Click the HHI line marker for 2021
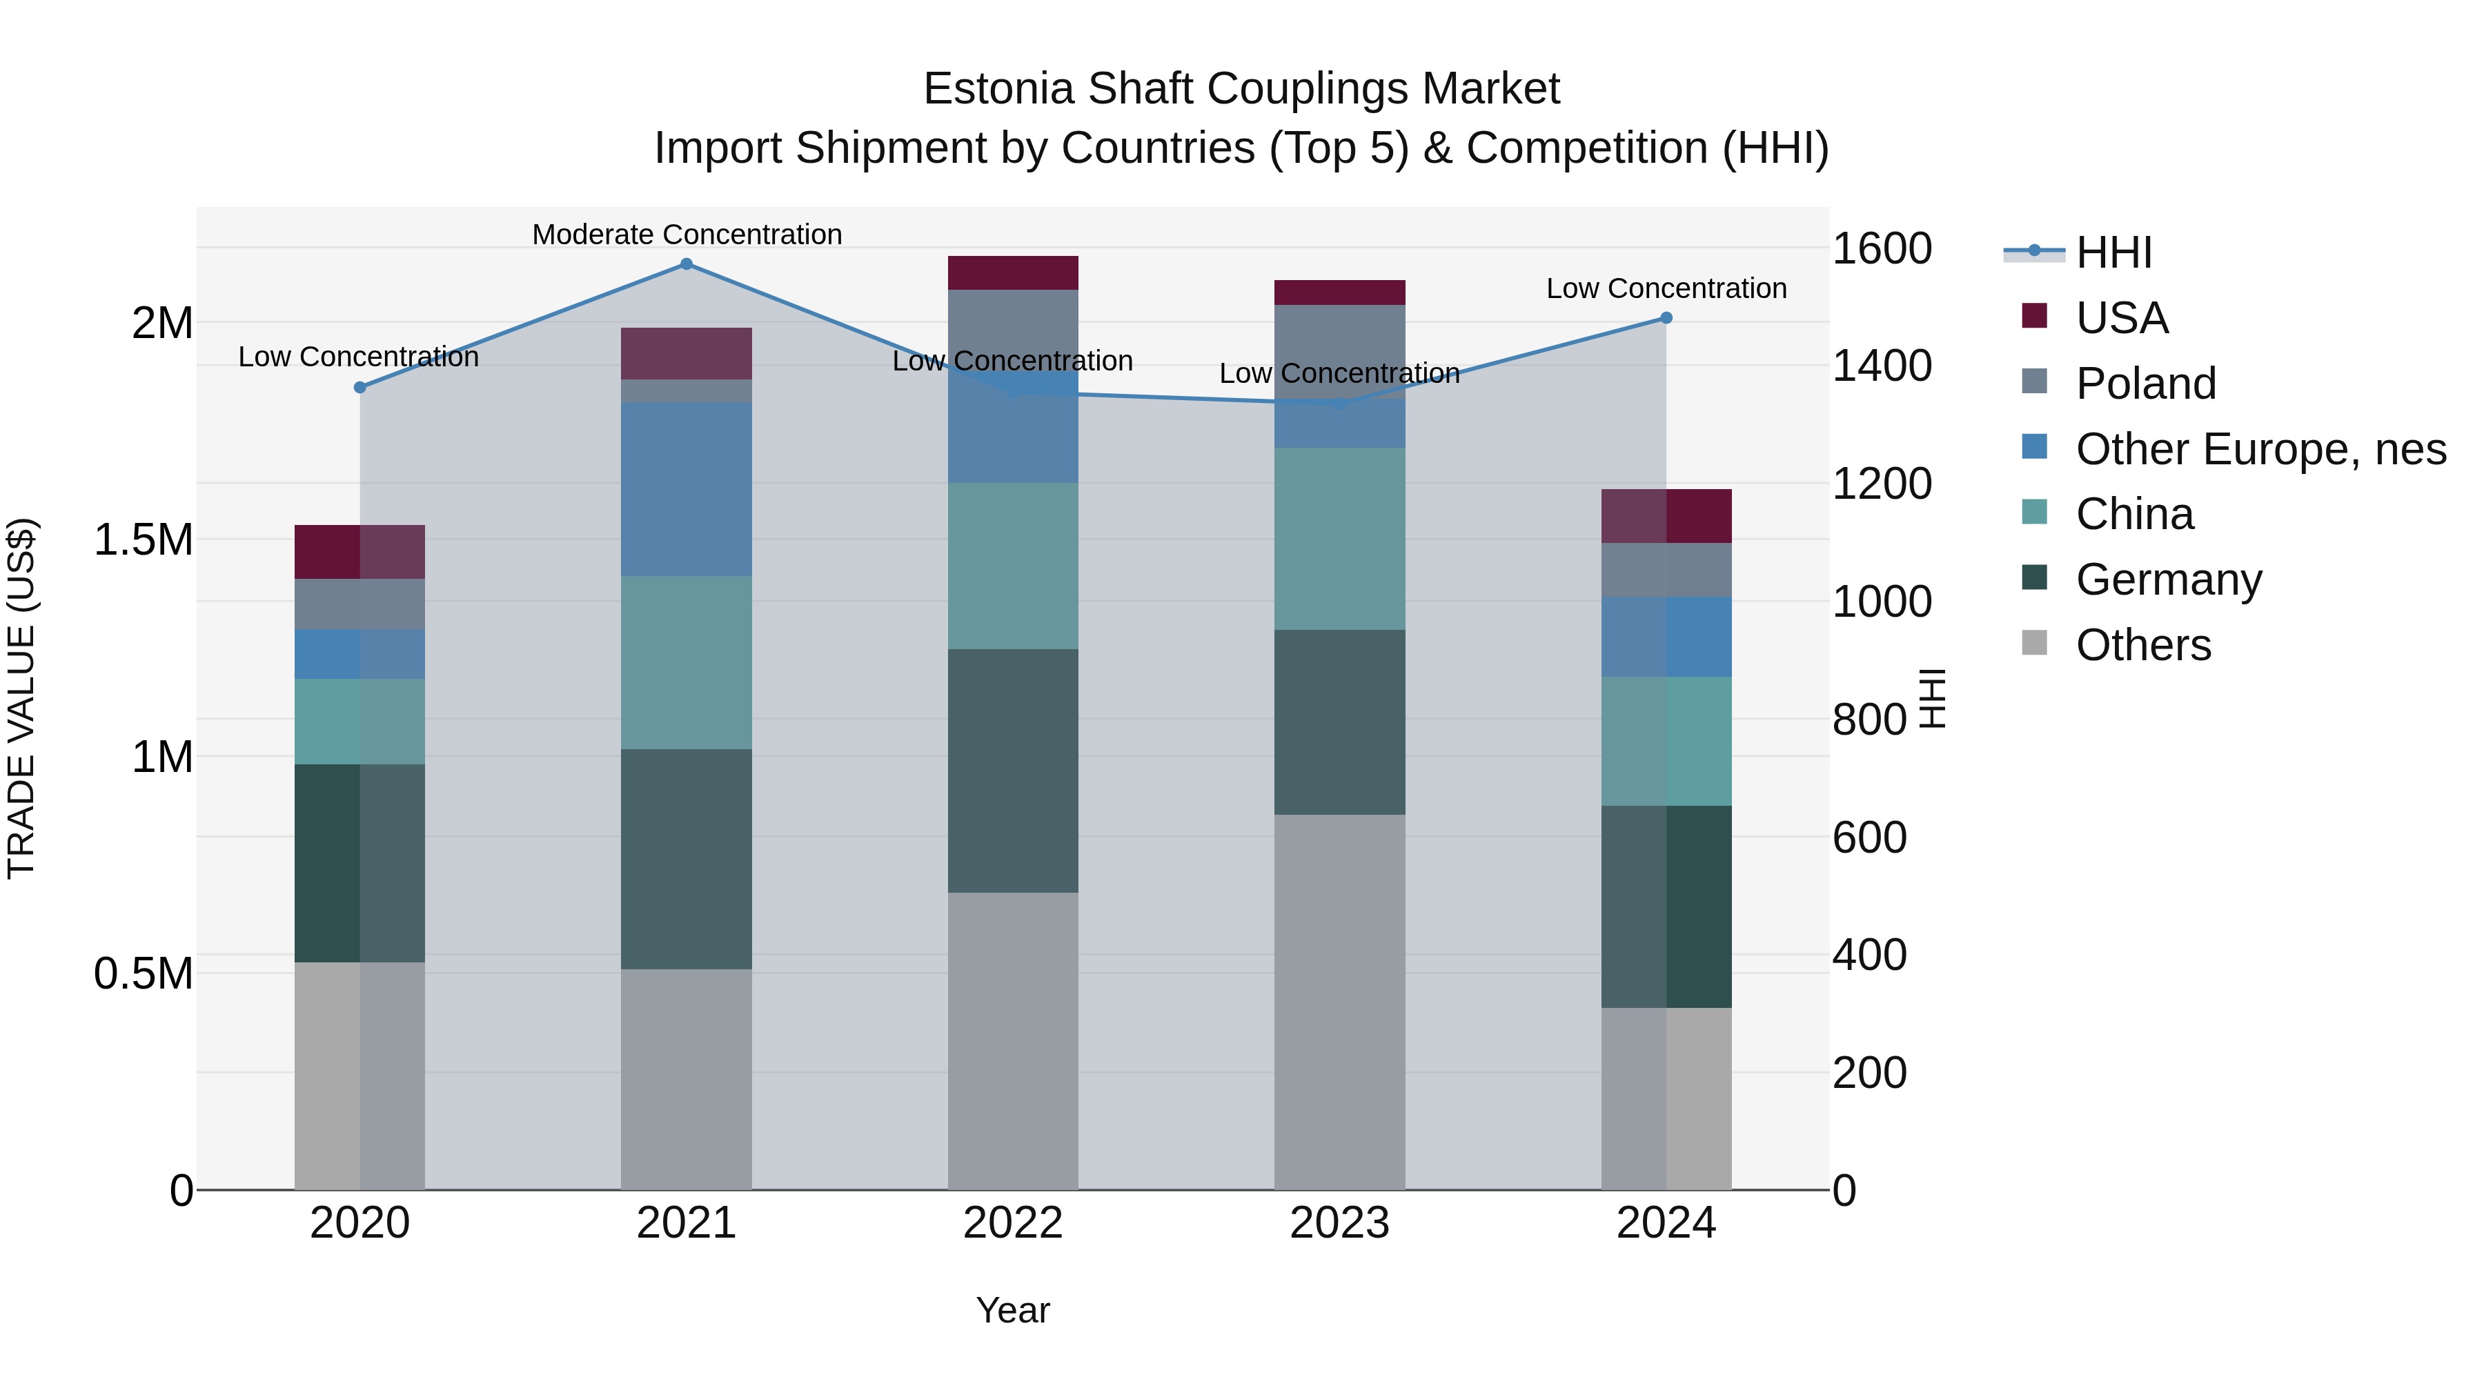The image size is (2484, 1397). point(687,264)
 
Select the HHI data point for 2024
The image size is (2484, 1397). point(1666,318)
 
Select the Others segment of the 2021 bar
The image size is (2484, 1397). point(687,1079)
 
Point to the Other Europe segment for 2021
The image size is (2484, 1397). point(687,489)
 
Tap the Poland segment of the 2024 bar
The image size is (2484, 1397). point(1666,570)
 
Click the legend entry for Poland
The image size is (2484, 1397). point(2145,384)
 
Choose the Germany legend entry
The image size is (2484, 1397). point(2169,579)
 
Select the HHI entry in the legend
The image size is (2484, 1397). point(2113,252)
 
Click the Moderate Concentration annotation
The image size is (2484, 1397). point(687,235)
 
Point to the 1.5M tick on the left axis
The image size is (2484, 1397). point(144,540)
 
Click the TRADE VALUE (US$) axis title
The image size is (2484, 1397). point(21,698)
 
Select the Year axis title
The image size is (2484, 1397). point(1012,1310)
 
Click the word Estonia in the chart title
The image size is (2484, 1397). point(999,89)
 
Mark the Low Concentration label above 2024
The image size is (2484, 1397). point(1666,288)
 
